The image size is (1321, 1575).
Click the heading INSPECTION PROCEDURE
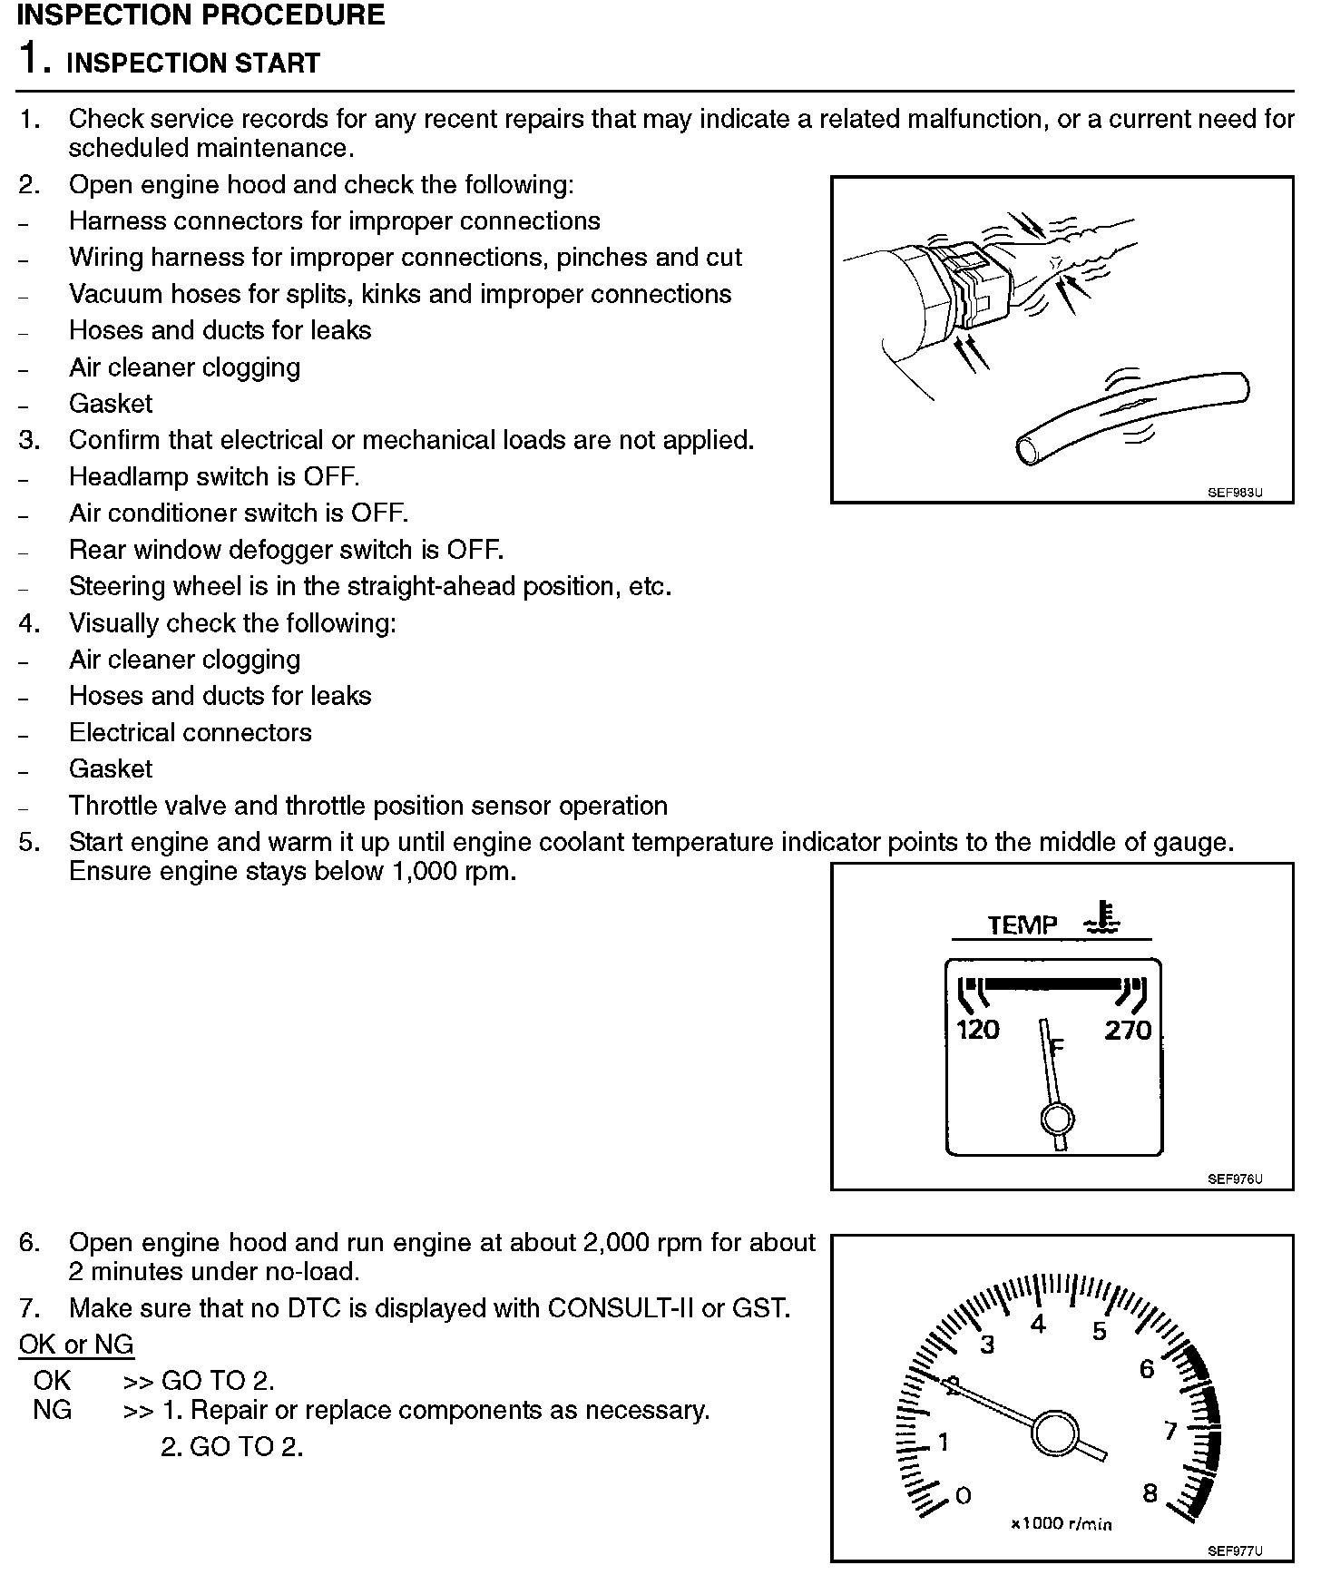201,15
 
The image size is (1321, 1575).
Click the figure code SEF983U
1235,493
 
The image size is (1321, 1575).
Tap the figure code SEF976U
1235,1179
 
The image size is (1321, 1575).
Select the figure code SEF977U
1235,1551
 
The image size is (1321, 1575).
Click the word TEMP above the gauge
1023,925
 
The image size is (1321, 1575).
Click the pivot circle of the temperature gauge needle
1057,1120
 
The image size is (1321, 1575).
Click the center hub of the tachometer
1054,1433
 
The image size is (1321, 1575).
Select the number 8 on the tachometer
1150,1493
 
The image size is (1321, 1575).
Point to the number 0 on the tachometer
964,1495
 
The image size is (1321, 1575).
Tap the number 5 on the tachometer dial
1100,1332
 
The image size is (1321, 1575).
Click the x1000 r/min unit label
1062,1523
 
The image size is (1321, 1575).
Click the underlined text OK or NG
76,1345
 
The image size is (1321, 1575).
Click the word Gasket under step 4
111,769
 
